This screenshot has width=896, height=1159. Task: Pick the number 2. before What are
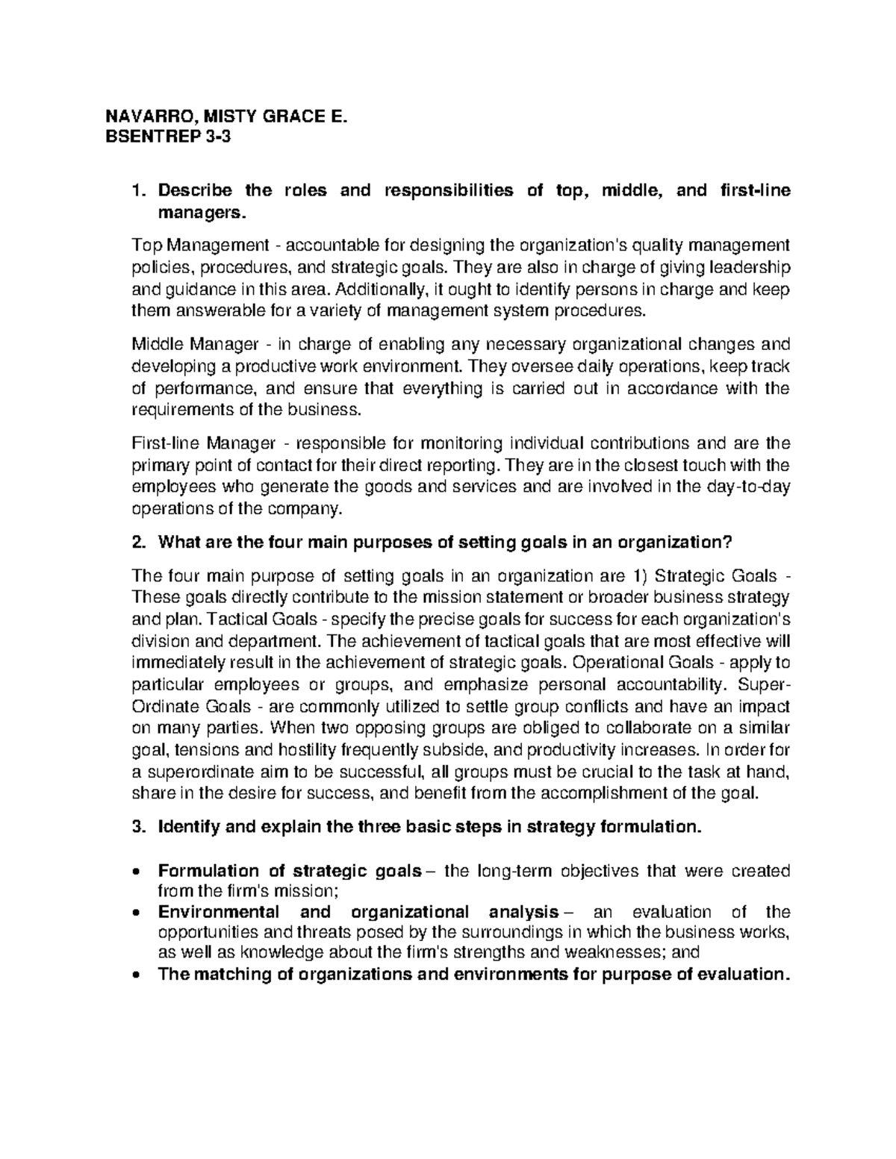pyautogui.click(x=136, y=543)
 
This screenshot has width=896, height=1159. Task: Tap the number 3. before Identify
pyautogui.click(x=136, y=827)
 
